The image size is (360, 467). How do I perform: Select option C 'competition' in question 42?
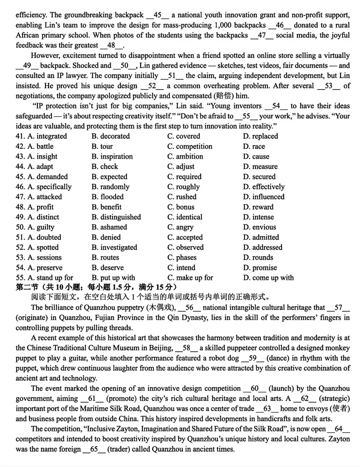190,146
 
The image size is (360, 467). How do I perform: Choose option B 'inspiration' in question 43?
112,156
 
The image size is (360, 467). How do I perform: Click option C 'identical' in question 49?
185,217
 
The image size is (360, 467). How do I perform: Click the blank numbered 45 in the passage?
158,15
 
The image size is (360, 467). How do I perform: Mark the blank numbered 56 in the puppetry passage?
189,308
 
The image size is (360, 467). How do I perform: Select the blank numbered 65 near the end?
94,449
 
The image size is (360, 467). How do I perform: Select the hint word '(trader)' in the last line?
119,449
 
